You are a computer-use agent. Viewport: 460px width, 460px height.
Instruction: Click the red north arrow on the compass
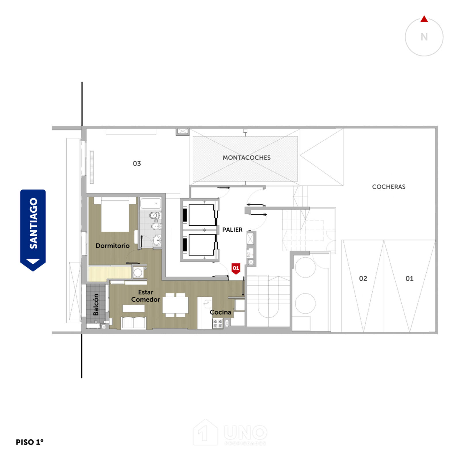pos(424,19)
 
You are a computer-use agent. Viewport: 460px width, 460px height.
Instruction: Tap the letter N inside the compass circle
pos(424,37)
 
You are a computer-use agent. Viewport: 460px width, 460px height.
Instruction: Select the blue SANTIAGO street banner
pos(33,230)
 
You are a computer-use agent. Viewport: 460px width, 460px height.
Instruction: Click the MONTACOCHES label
pos(247,158)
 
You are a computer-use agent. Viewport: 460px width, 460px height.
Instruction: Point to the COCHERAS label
pos(389,187)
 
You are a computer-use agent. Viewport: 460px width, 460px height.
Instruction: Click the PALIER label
pos(232,230)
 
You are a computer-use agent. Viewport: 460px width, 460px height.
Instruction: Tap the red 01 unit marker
pos(236,269)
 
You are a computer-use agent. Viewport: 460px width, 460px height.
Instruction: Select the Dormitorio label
pos(112,246)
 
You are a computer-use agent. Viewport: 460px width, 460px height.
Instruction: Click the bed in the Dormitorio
pos(115,214)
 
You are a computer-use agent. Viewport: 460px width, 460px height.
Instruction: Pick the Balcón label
pos(96,304)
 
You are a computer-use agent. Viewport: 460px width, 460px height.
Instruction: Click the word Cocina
pos(220,312)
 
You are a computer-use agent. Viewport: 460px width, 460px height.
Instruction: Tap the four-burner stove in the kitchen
pos(218,324)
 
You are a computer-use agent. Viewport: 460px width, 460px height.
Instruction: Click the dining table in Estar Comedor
pos(175,305)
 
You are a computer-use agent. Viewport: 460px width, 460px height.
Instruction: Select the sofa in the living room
pos(134,323)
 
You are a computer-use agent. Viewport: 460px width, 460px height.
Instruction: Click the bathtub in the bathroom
pos(151,203)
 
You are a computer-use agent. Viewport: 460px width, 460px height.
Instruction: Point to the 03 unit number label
pos(137,164)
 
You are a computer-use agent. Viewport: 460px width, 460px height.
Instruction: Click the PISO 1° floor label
pos(29,442)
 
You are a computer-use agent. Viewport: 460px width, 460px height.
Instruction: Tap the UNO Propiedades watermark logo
pos(230,432)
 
